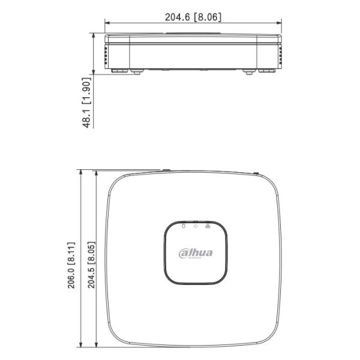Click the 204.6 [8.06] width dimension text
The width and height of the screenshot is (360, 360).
click(x=193, y=17)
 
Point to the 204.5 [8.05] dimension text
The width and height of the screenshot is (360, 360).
click(x=91, y=267)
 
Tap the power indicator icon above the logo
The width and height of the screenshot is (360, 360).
click(x=195, y=226)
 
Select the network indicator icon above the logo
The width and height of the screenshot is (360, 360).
click(x=208, y=226)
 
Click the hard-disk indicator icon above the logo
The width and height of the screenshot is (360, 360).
click(x=183, y=226)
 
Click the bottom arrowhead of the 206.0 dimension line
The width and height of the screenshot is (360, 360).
click(x=81, y=346)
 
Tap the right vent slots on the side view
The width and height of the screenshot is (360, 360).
click(x=280, y=57)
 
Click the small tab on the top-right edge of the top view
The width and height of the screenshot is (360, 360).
click(x=256, y=174)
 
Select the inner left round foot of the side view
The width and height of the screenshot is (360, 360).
click(x=136, y=72)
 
